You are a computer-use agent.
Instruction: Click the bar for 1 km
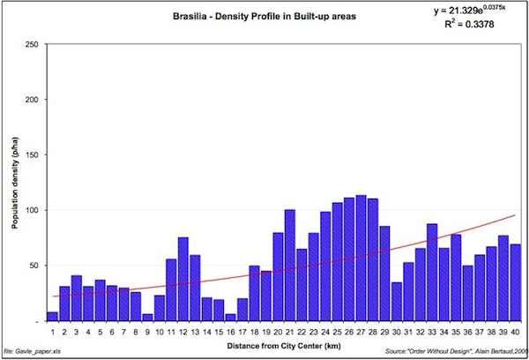click(53, 317)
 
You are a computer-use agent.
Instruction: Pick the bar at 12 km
click(183, 279)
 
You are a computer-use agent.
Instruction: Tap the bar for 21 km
click(290, 266)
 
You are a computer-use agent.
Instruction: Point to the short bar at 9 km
click(148, 318)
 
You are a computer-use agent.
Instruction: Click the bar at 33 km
click(432, 273)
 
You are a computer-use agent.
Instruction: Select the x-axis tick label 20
click(278, 331)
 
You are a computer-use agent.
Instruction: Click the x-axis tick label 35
click(456, 331)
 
